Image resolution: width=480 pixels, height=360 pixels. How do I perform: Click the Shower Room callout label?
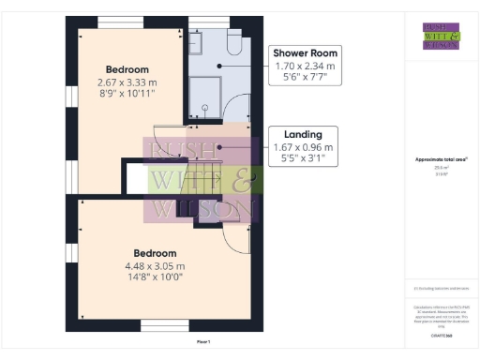point(307,52)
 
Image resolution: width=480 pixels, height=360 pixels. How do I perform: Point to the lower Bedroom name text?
point(155,253)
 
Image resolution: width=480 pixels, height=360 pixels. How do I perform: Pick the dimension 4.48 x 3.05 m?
point(155,265)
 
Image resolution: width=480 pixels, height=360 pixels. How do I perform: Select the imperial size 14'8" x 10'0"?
point(155,277)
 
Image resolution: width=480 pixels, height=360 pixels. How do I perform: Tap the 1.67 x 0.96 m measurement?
point(303,147)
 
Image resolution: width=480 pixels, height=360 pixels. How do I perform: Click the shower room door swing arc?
point(237,108)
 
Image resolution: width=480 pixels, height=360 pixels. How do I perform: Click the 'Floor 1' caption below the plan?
point(200,343)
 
